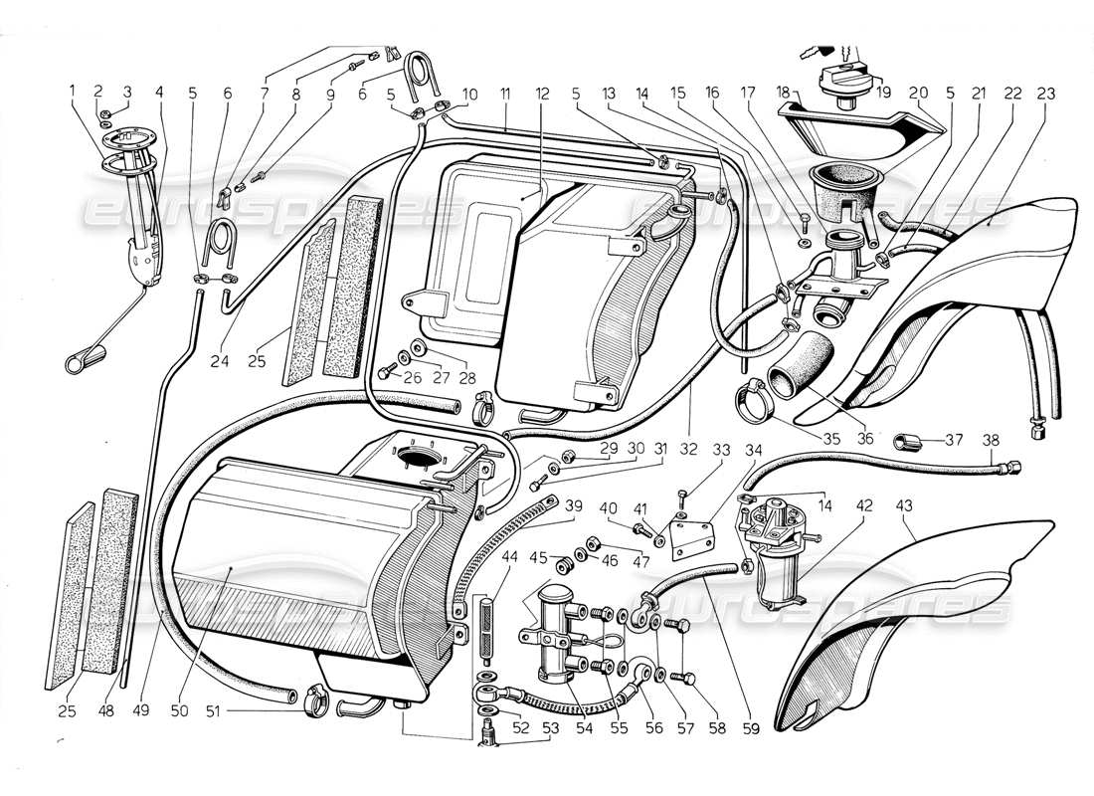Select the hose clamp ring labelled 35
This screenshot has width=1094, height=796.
757,400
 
